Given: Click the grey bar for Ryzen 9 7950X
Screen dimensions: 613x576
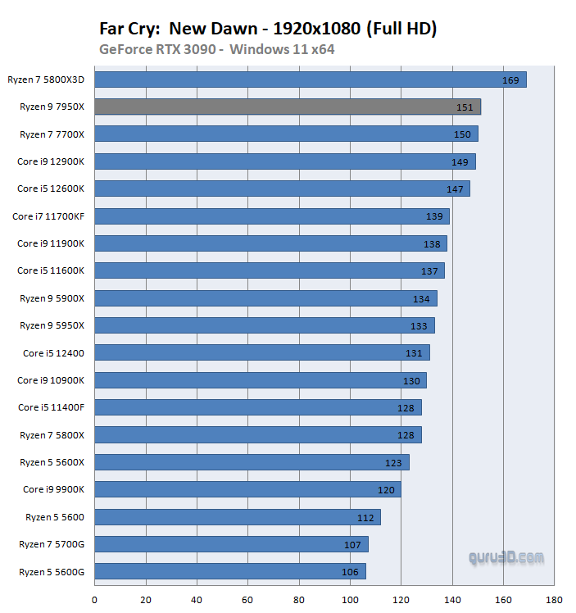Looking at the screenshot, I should [x=287, y=107].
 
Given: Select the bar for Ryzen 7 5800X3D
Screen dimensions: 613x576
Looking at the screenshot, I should [x=310, y=79].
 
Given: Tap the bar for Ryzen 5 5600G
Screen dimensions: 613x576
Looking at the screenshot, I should [x=229, y=571].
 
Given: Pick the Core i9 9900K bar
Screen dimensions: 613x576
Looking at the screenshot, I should [x=247, y=489].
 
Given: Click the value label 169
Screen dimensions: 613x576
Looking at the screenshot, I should [x=510, y=80].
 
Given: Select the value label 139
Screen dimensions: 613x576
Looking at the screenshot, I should [x=434, y=216].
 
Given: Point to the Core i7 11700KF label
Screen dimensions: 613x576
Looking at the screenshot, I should [x=48, y=216].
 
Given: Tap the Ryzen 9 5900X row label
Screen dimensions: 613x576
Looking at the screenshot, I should [x=52, y=298].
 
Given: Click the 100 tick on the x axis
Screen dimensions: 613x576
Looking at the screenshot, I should [x=350, y=600].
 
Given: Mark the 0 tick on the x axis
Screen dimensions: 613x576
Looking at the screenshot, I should [x=95, y=600].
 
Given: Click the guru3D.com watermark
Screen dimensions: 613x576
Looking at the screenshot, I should [x=506, y=558].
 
